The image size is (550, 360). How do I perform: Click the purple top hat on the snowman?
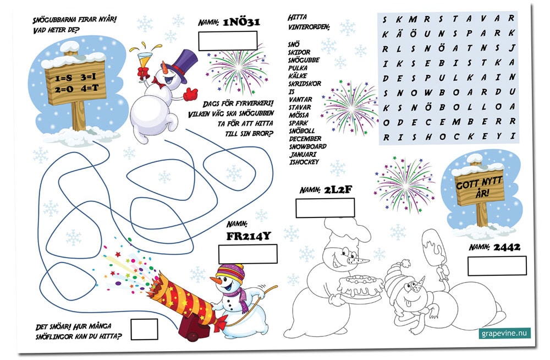(x=183, y=64)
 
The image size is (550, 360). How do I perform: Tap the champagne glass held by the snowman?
(x=143, y=62)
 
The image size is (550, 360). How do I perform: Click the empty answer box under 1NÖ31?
(x=228, y=41)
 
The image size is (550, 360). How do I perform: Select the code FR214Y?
(x=249, y=236)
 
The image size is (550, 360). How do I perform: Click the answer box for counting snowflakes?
(x=144, y=329)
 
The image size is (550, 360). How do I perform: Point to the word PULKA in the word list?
(x=298, y=68)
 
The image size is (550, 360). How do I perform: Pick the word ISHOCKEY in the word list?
(x=304, y=162)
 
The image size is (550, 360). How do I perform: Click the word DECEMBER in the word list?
(x=305, y=139)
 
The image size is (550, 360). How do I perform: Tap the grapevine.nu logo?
(x=504, y=333)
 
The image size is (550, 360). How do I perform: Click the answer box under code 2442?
(x=497, y=266)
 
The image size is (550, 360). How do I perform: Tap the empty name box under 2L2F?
(x=325, y=208)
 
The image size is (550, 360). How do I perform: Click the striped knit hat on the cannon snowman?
(x=230, y=273)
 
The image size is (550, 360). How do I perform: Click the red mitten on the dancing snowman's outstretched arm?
(x=190, y=94)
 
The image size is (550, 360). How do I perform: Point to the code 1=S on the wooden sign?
(x=63, y=78)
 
